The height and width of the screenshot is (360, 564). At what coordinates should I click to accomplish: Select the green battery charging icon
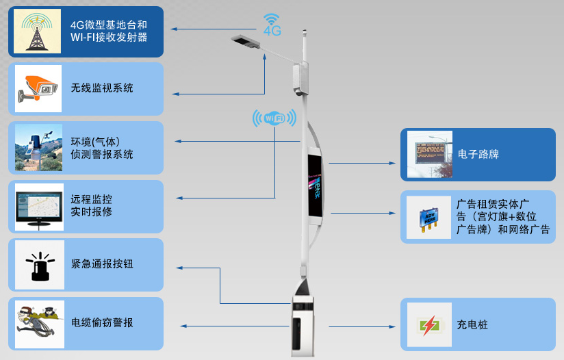[429, 324]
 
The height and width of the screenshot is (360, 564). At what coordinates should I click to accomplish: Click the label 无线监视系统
[102, 88]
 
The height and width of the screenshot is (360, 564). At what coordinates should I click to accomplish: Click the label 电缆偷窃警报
[102, 323]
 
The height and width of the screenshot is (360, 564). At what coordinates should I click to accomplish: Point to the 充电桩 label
[472, 324]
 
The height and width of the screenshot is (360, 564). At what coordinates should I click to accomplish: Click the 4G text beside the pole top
[272, 31]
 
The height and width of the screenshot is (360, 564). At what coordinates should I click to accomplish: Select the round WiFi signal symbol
[274, 119]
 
